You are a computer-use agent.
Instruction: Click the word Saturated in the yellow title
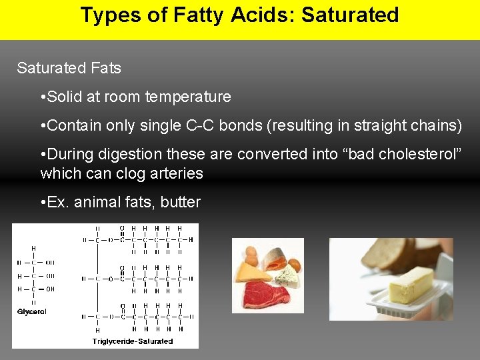click(350, 15)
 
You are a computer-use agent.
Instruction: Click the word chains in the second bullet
click(432, 125)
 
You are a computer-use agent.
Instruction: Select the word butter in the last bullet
click(180, 202)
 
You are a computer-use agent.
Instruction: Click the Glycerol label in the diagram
click(32, 311)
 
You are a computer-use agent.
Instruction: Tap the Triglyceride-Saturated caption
click(133, 341)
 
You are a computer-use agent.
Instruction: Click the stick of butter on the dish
click(407, 283)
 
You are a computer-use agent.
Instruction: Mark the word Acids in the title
click(263, 15)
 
